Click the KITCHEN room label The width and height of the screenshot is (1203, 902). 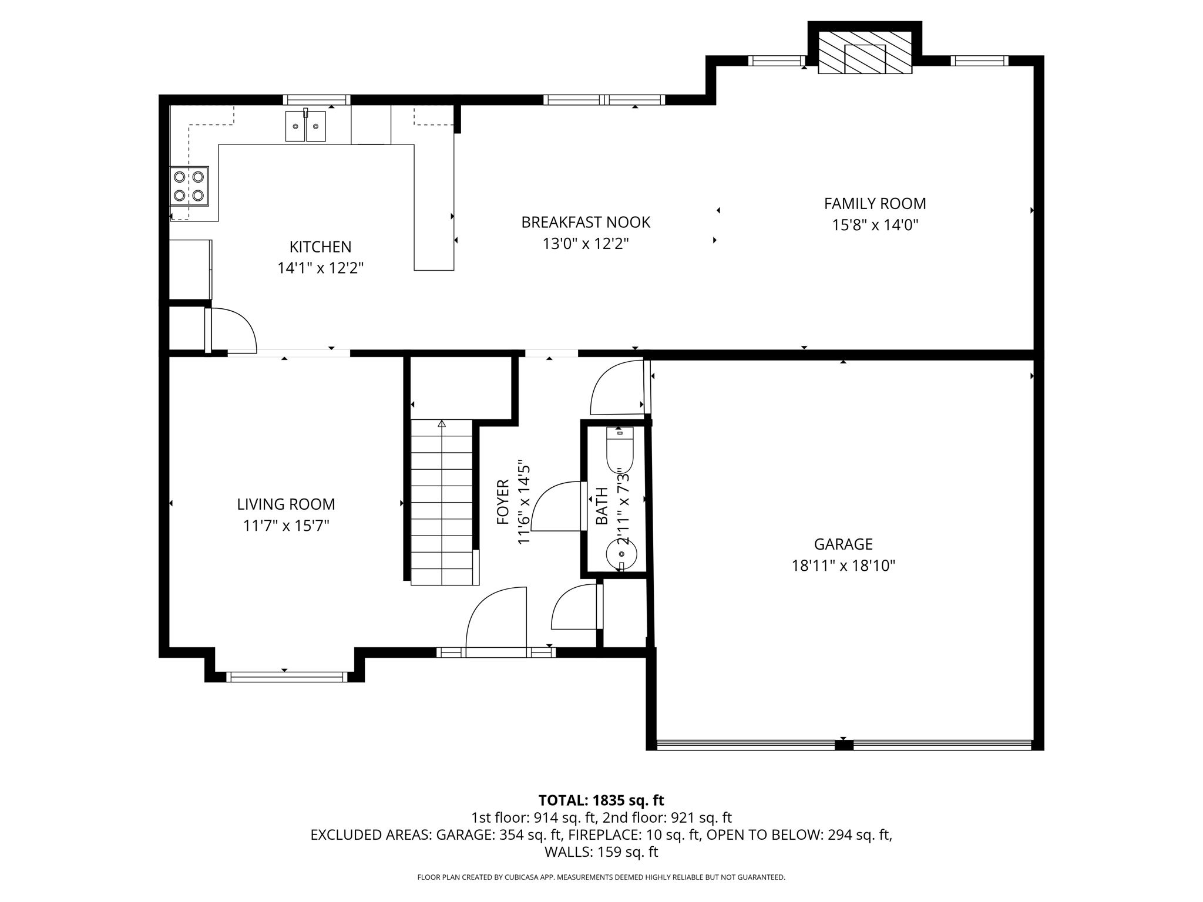tap(320, 247)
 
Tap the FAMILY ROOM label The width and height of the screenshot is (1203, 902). tap(875, 204)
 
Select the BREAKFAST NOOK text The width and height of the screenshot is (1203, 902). tap(586, 223)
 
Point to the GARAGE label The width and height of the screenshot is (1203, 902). tap(843, 544)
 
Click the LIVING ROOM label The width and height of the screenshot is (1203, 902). tap(286, 504)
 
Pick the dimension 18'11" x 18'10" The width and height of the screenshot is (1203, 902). tap(843, 566)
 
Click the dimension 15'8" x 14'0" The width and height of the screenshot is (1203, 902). tap(875, 225)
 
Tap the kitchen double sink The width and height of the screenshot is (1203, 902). tap(305, 126)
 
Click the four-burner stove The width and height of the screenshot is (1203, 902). tap(189, 186)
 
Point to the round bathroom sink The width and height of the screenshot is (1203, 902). tap(621, 554)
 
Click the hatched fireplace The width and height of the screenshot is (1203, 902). tap(865, 52)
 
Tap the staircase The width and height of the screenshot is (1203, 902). tap(442, 502)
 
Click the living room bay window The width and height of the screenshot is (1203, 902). tap(286, 676)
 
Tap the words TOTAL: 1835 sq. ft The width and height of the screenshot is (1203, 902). tap(601, 800)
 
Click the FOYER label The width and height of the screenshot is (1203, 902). tap(503, 502)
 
